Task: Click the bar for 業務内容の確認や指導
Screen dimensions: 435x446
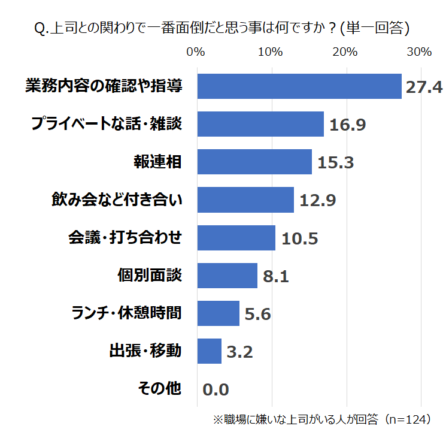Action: click(299, 86)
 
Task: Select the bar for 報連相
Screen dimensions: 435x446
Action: click(254, 162)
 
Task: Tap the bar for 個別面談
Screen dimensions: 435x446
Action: click(227, 276)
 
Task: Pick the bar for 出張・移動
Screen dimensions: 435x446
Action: click(209, 351)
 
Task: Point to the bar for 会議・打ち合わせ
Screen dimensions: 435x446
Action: click(236, 238)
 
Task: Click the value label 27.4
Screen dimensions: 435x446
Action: click(424, 87)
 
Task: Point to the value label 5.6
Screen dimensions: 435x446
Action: click(257, 314)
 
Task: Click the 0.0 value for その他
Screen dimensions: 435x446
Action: click(216, 390)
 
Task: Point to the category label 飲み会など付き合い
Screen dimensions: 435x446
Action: click(116, 200)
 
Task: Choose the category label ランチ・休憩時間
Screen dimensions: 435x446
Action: click(126, 313)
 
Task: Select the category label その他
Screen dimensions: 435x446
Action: click(159, 388)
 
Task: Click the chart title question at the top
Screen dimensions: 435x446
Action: click(222, 28)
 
